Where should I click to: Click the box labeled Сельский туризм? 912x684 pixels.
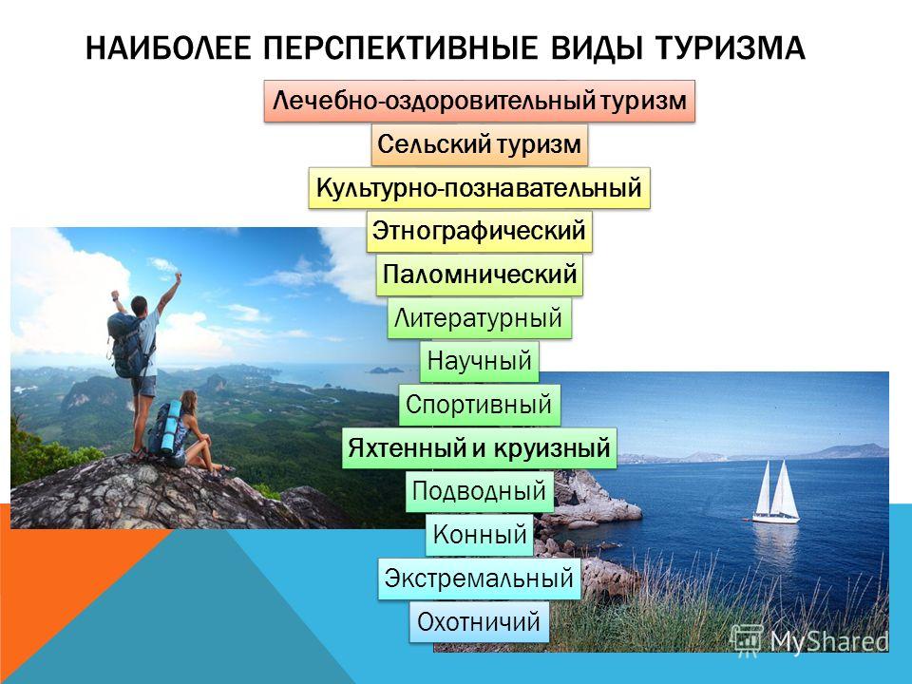tap(479, 144)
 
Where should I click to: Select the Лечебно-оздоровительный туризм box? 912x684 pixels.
tap(479, 102)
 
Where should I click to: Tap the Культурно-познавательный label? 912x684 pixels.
tap(479, 188)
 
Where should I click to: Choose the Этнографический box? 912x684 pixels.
tap(479, 231)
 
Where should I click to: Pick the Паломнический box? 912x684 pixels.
tap(479, 275)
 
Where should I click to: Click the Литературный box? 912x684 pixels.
tap(479, 318)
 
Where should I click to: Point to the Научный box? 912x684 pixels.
tap(479, 361)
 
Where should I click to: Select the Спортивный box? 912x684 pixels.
tap(479, 405)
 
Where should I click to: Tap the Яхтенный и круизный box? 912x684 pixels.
tap(479, 447)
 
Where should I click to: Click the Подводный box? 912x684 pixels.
tap(479, 491)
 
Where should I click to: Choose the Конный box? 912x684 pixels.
tap(479, 535)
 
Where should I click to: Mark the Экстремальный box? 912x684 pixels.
tap(479, 579)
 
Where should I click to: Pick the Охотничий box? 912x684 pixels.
tap(479, 621)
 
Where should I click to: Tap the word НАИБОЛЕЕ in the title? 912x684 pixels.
tap(168, 47)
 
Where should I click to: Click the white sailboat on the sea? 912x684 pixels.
tap(776, 492)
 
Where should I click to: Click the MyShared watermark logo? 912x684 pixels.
tap(809, 641)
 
